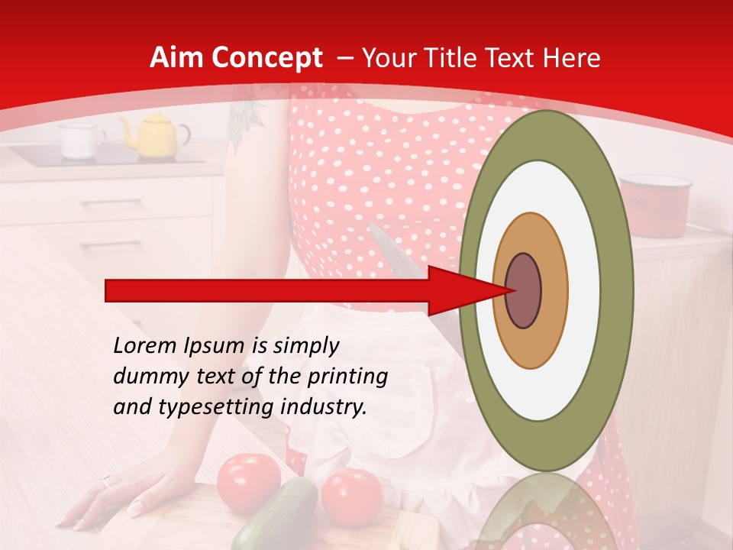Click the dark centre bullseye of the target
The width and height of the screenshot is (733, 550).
click(523, 290)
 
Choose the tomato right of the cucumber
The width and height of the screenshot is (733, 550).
click(352, 497)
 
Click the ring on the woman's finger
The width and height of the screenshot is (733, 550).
click(106, 481)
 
